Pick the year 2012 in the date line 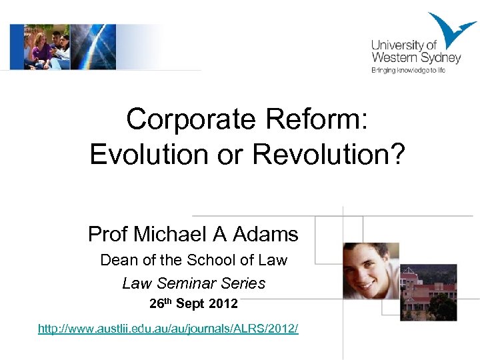(x=223, y=305)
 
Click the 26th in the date (x=160, y=304)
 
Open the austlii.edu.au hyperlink (x=168, y=329)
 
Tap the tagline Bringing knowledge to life (x=407, y=70)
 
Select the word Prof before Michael (x=108, y=234)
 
